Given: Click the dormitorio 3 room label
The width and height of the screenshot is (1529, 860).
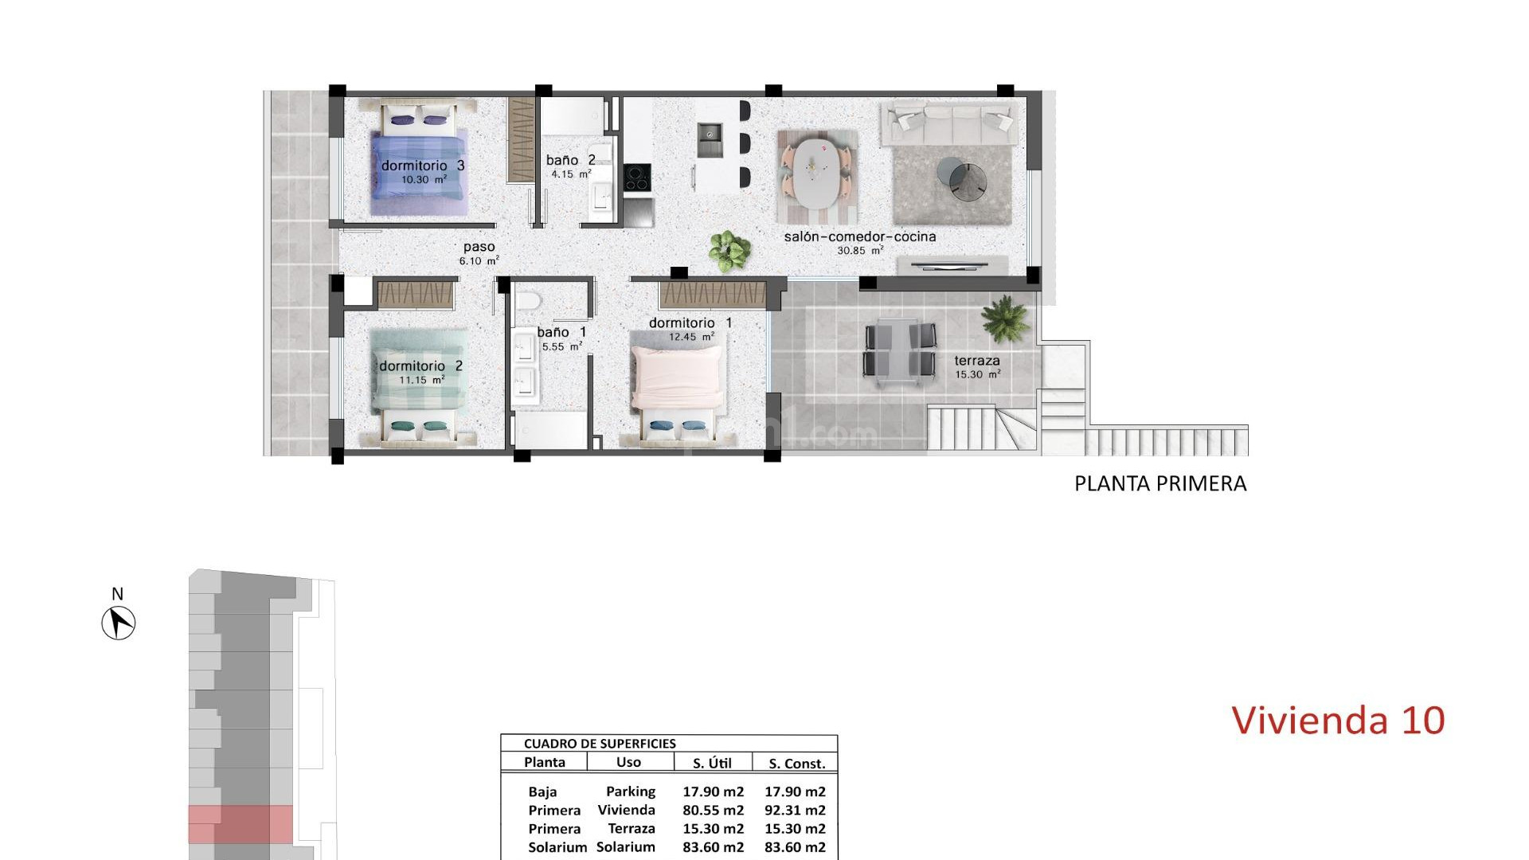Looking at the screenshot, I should pyautogui.click(x=422, y=166).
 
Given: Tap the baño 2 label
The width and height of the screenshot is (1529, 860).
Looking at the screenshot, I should pyautogui.click(x=570, y=160).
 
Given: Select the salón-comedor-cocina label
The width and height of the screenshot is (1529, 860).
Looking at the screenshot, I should pyautogui.click(x=860, y=236).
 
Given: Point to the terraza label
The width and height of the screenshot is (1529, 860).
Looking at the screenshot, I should pyautogui.click(x=977, y=361).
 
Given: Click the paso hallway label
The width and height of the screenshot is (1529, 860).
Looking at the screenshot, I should pyautogui.click(x=479, y=247).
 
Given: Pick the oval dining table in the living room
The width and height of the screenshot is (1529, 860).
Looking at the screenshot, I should pyautogui.click(x=817, y=172).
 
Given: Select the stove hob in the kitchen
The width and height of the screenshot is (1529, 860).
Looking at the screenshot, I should pyautogui.click(x=636, y=178).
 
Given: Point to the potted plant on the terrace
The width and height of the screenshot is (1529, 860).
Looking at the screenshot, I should pyautogui.click(x=1006, y=317).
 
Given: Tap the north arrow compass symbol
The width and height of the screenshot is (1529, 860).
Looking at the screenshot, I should pyautogui.click(x=119, y=622).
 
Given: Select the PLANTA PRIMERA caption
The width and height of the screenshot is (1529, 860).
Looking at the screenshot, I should pyautogui.click(x=1160, y=483).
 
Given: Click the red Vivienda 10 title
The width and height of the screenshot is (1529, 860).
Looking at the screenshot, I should pyautogui.click(x=1338, y=720).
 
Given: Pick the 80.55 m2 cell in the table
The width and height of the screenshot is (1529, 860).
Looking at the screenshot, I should pyautogui.click(x=713, y=811).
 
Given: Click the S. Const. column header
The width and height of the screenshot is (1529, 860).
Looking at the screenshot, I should pyautogui.click(x=796, y=764).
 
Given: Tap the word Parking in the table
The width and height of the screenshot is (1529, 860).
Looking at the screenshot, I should pyautogui.click(x=631, y=792).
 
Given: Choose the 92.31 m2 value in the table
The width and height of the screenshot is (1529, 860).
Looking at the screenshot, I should pyautogui.click(x=795, y=811).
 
